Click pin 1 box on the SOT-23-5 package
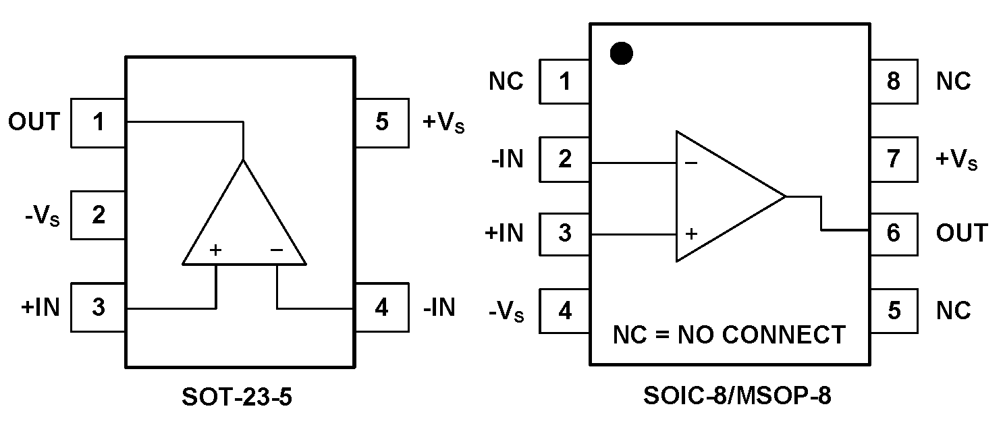pyautogui.click(x=99, y=123)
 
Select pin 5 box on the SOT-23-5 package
pyautogui.click(x=381, y=123)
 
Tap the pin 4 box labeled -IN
pyautogui.click(x=381, y=308)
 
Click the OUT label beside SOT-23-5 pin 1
pyautogui.click(x=34, y=122)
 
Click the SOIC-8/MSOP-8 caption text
pyautogui.click(x=737, y=397)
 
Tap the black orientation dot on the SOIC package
pyautogui.click(x=621, y=54)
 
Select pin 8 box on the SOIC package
pyautogui.click(x=893, y=82)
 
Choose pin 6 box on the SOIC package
pyautogui.click(x=893, y=233)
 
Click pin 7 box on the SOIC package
pyautogui.click(x=893, y=159)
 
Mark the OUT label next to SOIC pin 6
pyautogui.click(x=961, y=233)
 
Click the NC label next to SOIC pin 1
pyautogui.click(x=506, y=82)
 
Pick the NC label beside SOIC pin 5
pyautogui.click(x=953, y=310)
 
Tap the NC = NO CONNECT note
pyautogui.click(x=728, y=335)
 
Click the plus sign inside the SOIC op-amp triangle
pyautogui.click(x=691, y=234)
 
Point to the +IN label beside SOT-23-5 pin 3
pyautogui.click(x=40, y=308)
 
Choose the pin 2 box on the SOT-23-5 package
pyautogui.click(x=99, y=215)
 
